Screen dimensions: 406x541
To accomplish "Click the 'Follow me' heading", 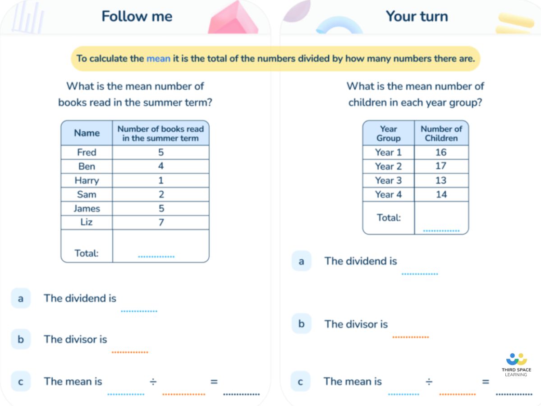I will [x=137, y=17].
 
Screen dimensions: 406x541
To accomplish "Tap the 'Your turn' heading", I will [x=417, y=17].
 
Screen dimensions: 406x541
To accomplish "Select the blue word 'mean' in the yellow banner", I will [x=158, y=59].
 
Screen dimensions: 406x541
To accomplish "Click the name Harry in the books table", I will [x=87, y=180].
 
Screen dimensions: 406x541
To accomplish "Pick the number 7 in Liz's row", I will [x=161, y=222].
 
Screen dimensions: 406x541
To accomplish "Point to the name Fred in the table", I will [x=87, y=152].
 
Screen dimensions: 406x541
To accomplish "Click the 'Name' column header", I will [x=87, y=133].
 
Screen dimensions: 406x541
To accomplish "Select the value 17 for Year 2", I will [x=441, y=166].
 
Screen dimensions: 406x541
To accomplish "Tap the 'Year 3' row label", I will [x=388, y=180].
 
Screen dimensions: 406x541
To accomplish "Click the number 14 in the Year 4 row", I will [x=441, y=194].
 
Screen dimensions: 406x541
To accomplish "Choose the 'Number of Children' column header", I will [x=441, y=134].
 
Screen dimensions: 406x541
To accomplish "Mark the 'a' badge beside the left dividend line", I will [x=21, y=298].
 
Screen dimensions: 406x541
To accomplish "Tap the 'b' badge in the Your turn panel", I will [x=301, y=324].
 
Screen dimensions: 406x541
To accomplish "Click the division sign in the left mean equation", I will [x=153, y=382].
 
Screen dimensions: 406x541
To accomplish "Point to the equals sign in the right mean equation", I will [x=486, y=382].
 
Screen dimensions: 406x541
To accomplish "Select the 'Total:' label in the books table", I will [x=87, y=253].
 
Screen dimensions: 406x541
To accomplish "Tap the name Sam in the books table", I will [x=87, y=194].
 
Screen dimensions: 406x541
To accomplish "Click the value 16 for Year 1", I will [x=441, y=152].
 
